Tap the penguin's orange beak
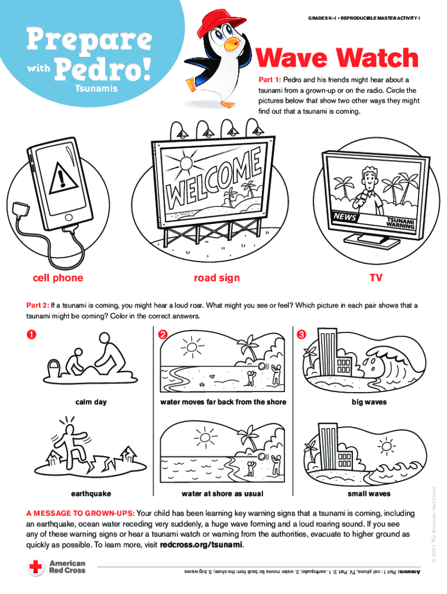232,44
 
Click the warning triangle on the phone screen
63,179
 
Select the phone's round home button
69,218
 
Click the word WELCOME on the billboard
215,177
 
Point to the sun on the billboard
186,164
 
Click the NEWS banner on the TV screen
345,217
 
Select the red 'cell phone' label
58,278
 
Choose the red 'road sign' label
217,278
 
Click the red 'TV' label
376,278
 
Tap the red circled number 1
31,334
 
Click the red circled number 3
301,334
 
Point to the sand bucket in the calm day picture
53,369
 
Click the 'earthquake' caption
91,494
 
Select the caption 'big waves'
369,402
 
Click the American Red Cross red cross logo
36,567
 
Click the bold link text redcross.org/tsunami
201,545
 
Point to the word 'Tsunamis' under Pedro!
96,89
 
